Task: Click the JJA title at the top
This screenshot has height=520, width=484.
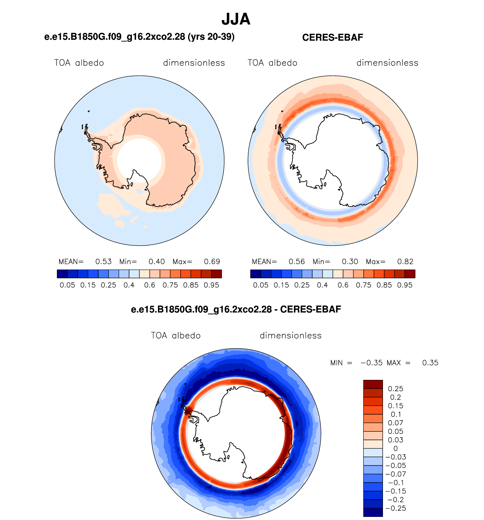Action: coord(236,19)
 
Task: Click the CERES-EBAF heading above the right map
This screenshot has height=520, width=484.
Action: coord(333,37)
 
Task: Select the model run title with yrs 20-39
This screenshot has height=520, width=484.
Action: coord(140,37)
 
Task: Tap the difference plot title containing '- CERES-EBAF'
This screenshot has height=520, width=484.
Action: coord(236,309)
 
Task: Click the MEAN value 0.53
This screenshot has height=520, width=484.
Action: coord(103,262)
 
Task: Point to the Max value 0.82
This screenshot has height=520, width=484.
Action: coord(405,262)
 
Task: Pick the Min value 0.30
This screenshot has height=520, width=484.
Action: coord(350,262)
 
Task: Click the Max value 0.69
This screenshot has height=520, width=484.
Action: coord(212,262)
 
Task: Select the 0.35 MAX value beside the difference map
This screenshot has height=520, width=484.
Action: coord(430,363)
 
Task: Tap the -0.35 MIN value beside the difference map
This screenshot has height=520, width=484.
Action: coord(372,363)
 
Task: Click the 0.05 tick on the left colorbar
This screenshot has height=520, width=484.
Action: coord(67,285)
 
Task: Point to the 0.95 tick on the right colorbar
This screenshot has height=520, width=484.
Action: coord(405,285)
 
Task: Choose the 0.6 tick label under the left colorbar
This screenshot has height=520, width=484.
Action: coord(149,285)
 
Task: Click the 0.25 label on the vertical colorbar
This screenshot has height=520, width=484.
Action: coord(395,389)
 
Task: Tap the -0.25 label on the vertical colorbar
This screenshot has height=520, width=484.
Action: coord(396,508)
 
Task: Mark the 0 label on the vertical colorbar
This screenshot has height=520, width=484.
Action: coord(396,449)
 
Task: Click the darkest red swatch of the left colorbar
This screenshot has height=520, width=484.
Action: coord(217,274)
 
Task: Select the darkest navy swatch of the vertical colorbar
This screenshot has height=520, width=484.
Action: coord(373,512)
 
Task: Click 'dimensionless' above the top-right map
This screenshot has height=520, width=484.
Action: coord(387,63)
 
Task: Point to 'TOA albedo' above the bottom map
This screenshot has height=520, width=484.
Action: coord(176,335)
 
